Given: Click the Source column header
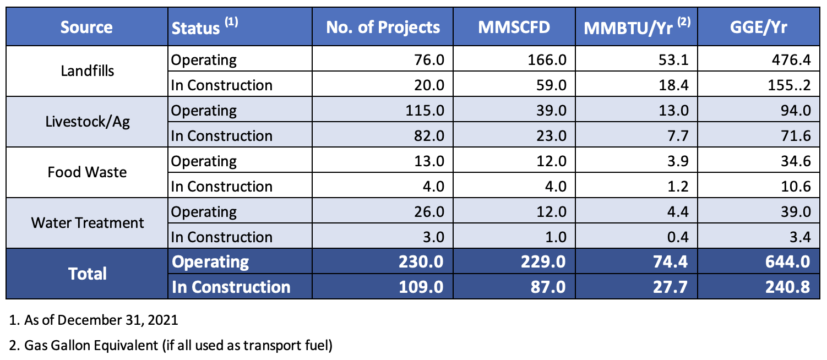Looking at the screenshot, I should coord(86,27).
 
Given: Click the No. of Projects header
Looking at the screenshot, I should coord(383,27).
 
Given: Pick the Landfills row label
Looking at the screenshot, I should coord(87,72).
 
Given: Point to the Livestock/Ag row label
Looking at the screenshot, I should coord(87,122).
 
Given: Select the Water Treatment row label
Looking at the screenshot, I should coord(87,223).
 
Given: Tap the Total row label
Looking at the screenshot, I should coord(87,274).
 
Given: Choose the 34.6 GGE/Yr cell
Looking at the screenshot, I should coord(795,161).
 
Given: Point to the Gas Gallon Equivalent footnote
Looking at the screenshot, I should coord(171,346).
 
